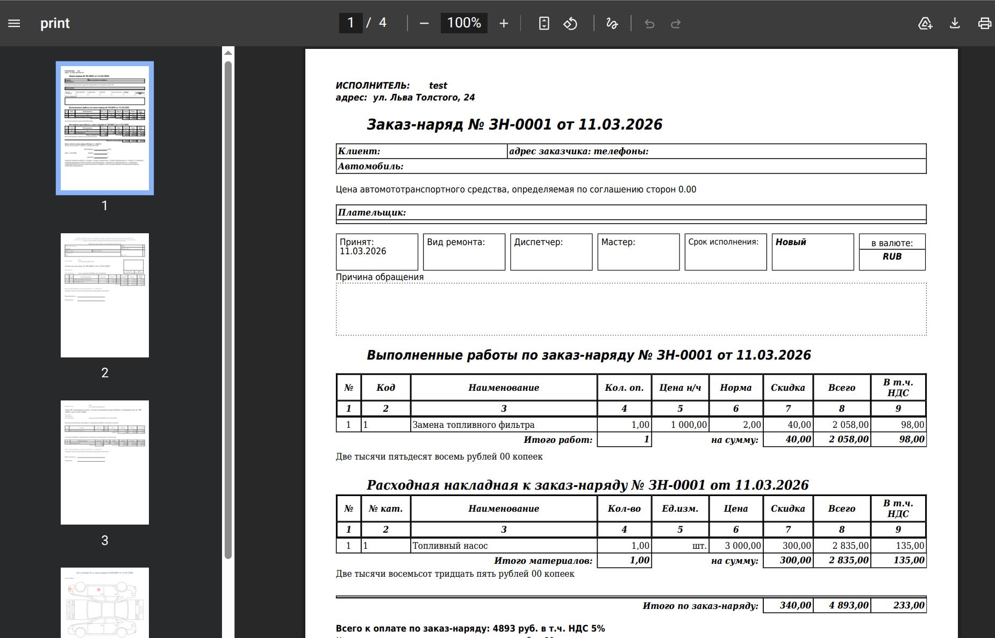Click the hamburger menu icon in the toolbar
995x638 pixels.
pos(14,23)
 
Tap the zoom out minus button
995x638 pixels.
pos(424,23)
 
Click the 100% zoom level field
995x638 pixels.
pos(464,23)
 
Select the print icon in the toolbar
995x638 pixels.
pos(984,23)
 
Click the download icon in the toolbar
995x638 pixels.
pos(955,23)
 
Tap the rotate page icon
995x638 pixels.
pos(570,23)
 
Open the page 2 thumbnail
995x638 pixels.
pos(105,295)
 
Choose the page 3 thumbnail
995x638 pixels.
pos(105,462)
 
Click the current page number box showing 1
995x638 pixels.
pos(350,23)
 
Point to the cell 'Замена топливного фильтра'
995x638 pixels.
pos(473,425)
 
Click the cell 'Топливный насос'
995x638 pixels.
pos(450,546)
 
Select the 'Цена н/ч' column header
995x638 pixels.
pos(680,388)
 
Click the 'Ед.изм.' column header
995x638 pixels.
pos(680,508)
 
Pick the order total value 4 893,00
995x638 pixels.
pos(848,605)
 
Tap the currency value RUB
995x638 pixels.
pos(892,256)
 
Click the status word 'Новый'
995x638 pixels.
pos(791,242)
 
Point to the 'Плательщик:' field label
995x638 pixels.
pos(372,212)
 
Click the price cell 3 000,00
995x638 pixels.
pos(742,546)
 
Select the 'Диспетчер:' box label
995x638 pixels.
pos(538,242)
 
